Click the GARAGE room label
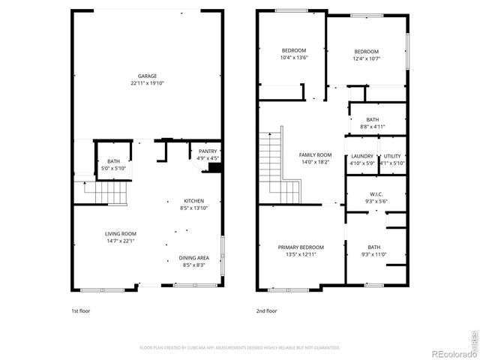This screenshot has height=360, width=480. tap(147, 76)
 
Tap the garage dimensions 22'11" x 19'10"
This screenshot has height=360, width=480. tap(147, 82)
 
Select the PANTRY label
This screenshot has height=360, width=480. tap(208, 151)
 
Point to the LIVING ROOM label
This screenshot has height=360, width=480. tap(120, 234)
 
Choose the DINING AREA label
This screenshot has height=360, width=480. tap(193, 258)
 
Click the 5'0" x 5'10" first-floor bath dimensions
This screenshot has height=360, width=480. tap(113, 168)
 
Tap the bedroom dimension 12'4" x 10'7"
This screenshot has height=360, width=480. tap(367, 59)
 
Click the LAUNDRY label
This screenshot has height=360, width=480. tap(362, 156)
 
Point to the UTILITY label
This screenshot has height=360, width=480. tap(392, 156)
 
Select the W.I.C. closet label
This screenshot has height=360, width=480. tap(376, 193)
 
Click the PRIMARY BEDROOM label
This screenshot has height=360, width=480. tap(301, 247)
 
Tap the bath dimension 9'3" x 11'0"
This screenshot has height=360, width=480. tap(373, 255)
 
